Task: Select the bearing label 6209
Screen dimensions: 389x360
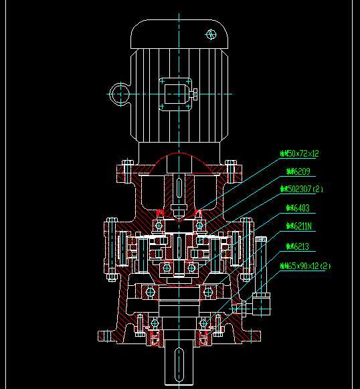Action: [x=298, y=172]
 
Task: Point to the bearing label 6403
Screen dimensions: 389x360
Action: [x=298, y=208]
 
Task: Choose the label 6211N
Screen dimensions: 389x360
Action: [x=300, y=227]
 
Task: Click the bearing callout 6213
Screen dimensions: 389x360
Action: [x=298, y=246]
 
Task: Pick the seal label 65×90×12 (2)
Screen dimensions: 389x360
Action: [x=305, y=266]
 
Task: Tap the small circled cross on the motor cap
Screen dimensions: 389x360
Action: [x=211, y=33]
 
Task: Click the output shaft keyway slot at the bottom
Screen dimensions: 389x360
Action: [x=179, y=364]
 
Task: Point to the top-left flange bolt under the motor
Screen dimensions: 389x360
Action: [x=126, y=171]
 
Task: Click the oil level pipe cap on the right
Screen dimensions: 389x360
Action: [x=260, y=239]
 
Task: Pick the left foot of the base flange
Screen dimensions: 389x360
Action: [x=108, y=337]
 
